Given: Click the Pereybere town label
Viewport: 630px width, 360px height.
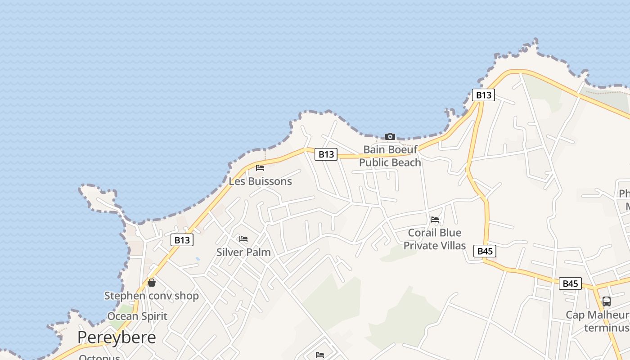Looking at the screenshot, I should [x=117, y=337].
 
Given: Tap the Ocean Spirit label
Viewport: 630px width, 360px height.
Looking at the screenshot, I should [x=137, y=316].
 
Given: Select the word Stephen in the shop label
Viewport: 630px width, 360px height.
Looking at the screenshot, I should [x=125, y=296].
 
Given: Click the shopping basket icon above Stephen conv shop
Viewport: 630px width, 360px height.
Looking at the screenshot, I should [x=152, y=283].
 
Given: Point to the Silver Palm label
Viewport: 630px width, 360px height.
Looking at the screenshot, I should [x=243, y=252].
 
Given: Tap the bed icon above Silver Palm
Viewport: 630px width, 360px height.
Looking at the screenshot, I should [x=243, y=238].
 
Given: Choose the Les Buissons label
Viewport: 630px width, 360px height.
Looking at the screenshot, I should [x=260, y=181].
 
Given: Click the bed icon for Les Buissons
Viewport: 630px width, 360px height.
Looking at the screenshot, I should [x=260, y=168].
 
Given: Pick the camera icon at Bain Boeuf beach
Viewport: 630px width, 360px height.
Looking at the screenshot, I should [x=390, y=136].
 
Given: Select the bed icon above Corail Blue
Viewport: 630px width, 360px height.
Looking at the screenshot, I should [x=435, y=220].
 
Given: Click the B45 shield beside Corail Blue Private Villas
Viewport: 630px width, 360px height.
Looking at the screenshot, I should [x=485, y=251].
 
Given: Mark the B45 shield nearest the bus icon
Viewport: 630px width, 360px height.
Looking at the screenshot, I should [x=570, y=283].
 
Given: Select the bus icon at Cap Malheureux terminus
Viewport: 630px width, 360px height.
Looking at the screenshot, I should [x=606, y=301].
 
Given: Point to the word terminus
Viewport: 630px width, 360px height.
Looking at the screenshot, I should [x=606, y=328].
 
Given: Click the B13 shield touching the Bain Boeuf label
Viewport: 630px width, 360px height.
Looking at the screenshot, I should [x=326, y=154].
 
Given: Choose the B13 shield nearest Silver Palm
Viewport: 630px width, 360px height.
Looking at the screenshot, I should [x=182, y=240].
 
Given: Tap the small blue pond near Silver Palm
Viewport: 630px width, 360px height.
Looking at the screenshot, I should [x=198, y=259].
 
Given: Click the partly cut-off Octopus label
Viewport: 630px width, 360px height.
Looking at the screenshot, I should [x=99, y=357].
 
